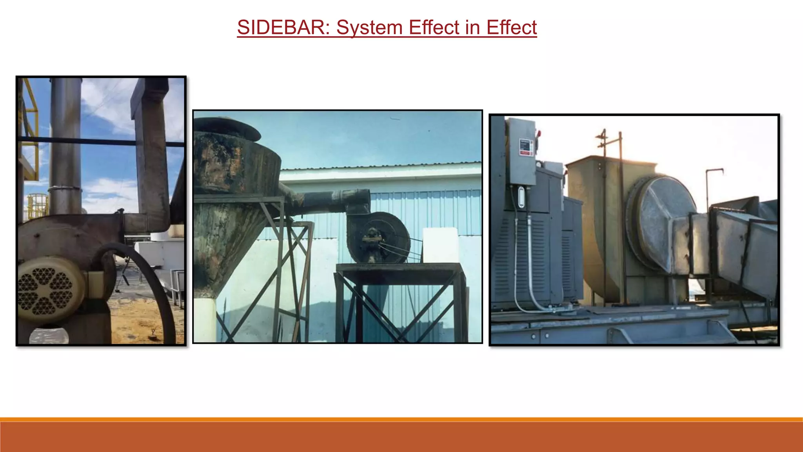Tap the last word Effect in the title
coord(511,27)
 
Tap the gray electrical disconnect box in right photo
coord(521,153)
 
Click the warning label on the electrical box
coord(526,147)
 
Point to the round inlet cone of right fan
coord(663,224)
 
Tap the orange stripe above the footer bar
coord(401,419)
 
